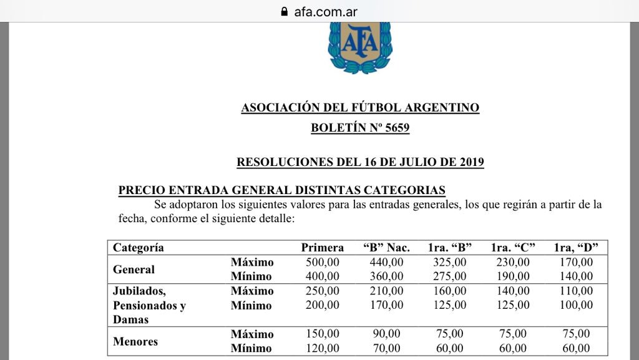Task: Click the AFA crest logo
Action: (360, 47)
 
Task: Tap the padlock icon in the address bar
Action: (285, 11)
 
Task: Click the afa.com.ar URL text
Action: (326, 11)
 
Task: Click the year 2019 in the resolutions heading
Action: (469, 162)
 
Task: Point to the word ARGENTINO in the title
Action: (446, 108)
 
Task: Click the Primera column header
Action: (323, 248)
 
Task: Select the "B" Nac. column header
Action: (386, 248)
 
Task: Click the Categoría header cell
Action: (139, 248)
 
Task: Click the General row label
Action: (134, 270)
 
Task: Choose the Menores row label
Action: (135, 341)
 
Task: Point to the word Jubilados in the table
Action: (140, 291)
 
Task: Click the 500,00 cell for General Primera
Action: (323, 262)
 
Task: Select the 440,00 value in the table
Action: (386, 262)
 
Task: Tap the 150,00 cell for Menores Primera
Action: (323, 334)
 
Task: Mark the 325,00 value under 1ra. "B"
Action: (449, 262)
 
